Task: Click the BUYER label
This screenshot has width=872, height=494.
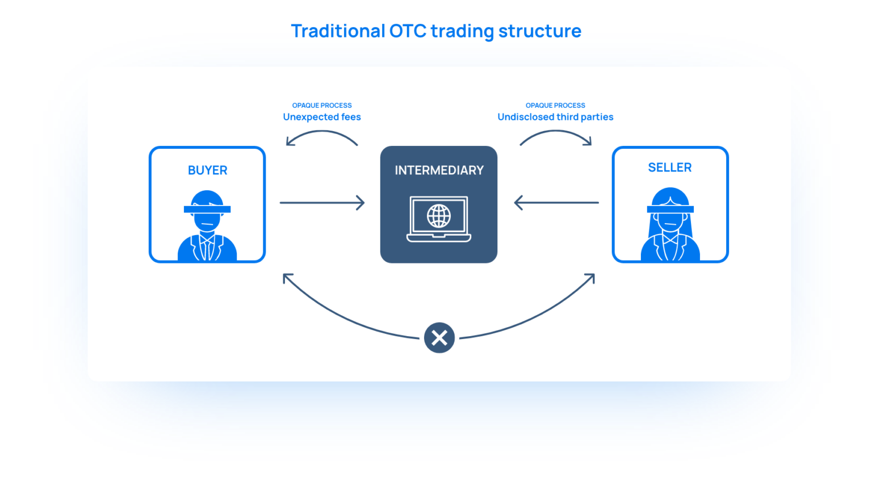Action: click(207, 170)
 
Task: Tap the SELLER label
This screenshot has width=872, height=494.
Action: click(670, 168)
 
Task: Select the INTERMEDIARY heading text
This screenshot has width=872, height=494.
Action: click(439, 170)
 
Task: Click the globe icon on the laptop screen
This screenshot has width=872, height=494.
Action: click(439, 216)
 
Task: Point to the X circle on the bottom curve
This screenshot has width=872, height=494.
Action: click(439, 338)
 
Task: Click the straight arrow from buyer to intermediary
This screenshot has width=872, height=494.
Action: click(322, 203)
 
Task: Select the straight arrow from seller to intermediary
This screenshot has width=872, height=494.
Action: click(556, 203)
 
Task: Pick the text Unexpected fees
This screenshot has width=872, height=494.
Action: click(322, 117)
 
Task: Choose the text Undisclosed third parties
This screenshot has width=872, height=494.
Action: click(555, 117)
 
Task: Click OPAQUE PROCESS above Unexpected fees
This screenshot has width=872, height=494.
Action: click(322, 105)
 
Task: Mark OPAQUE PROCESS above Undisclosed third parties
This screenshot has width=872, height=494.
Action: click(555, 105)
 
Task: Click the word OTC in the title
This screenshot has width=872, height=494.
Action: click(408, 31)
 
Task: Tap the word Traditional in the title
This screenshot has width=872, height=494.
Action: click(338, 31)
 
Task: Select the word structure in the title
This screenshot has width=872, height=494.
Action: click(539, 31)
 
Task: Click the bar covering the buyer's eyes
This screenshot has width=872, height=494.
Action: click(207, 210)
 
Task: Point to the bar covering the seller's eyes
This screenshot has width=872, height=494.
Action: click(670, 210)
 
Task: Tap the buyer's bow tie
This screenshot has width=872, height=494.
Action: click(207, 239)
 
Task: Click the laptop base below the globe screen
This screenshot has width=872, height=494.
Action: click(439, 238)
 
